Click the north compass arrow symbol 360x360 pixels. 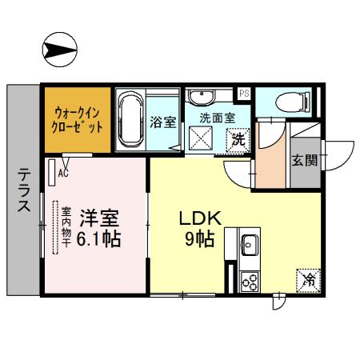pyautogui.click(x=59, y=50)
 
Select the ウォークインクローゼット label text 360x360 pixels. pyautogui.click(x=78, y=120)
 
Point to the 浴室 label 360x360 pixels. pyautogui.click(x=163, y=122)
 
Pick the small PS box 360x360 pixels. pyautogui.click(x=244, y=94)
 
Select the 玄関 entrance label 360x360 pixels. pyautogui.click(x=304, y=159)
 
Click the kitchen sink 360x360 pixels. pyautogui.click(x=248, y=242)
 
